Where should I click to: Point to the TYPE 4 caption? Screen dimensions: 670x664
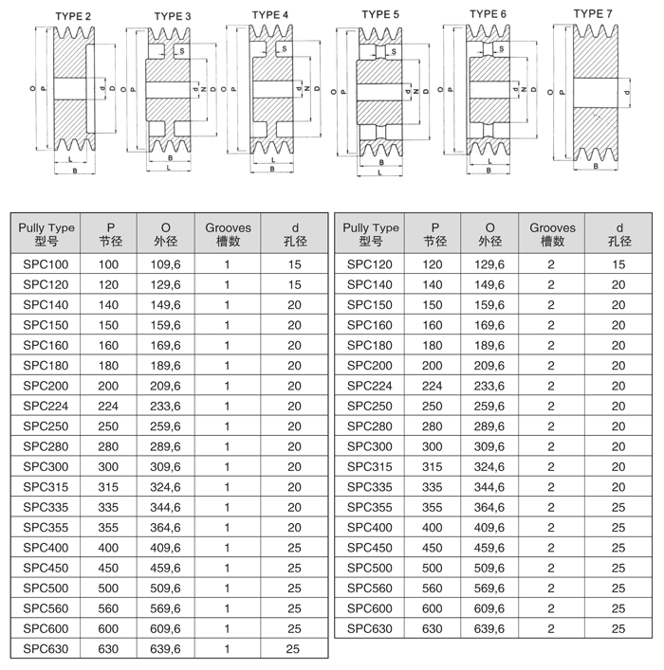271,14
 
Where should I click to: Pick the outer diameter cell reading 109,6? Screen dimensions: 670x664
166,264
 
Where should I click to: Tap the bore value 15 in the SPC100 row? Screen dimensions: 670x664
294,264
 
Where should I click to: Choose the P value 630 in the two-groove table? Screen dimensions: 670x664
433,628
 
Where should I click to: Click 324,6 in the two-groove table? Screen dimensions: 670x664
489,466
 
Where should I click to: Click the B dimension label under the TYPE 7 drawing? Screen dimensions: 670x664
595,166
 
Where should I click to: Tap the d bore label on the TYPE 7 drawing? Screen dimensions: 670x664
626,92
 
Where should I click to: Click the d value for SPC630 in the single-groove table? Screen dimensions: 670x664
294,648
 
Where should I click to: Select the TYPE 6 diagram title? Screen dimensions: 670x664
489,14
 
